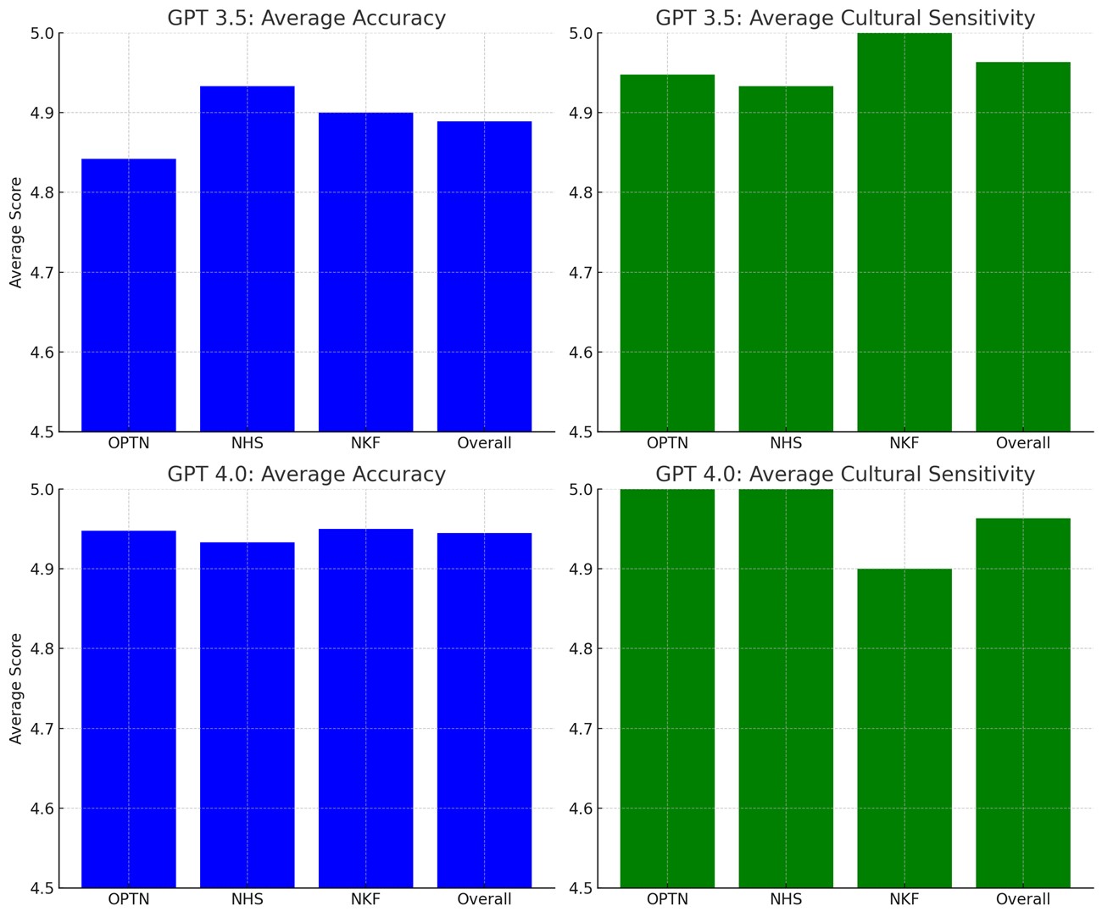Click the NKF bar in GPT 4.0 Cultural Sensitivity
(x=904, y=728)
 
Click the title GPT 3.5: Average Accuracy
(x=307, y=18)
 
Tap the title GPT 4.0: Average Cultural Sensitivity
(x=845, y=474)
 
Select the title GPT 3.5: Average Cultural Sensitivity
(x=845, y=18)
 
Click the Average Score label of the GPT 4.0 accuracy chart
(x=16, y=689)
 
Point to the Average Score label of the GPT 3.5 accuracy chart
(x=16, y=232)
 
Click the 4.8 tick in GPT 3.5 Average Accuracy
(x=42, y=193)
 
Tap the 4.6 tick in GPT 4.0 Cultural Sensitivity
(x=581, y=809)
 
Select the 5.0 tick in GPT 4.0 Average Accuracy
(x=42, y=490)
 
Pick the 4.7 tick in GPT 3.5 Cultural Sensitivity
(x=581, y=273)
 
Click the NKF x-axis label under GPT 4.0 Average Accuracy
(x=365, y=899)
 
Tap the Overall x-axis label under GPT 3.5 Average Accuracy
(x=484, y=443)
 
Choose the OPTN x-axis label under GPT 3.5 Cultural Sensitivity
(x=667, y=443)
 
